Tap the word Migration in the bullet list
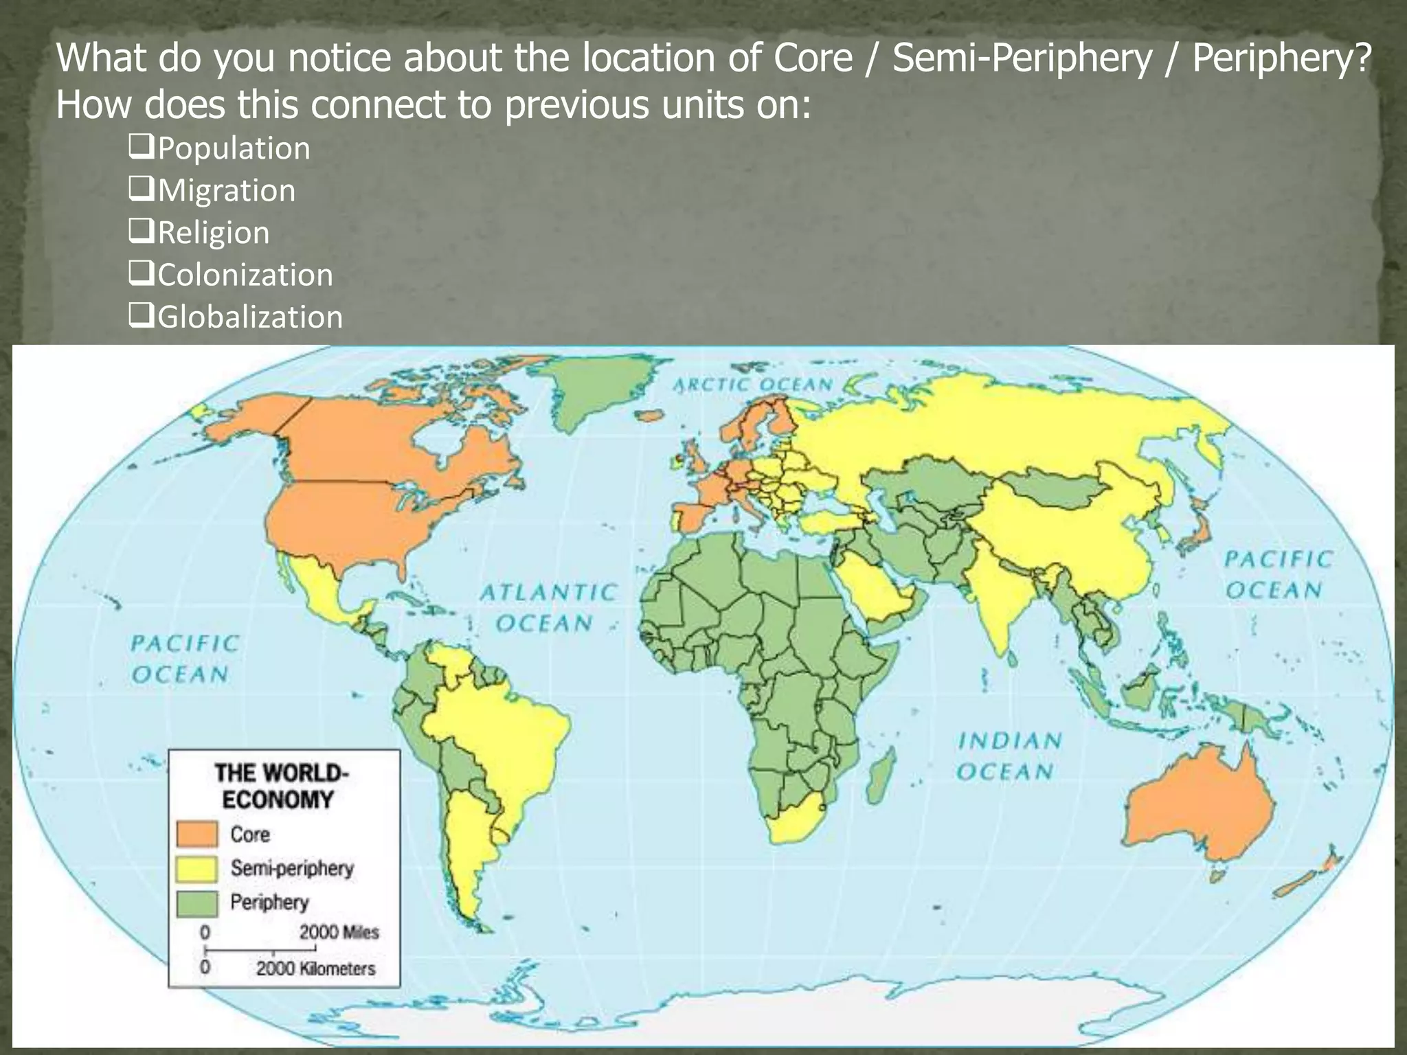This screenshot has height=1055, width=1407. (x=226, y=190)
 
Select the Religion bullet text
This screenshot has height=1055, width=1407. (x=213, y=233)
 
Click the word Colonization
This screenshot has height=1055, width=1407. (x=245, y=275)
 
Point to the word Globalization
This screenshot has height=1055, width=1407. (x=250, y=317)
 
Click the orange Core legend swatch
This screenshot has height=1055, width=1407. (x=197, y=834)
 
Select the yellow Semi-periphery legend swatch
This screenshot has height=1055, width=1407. (x=197, y=868)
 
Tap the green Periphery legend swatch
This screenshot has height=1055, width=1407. (x=197, y=903)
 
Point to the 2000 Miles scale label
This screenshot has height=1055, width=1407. (x=339, y=932)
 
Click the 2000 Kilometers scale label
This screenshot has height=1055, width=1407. (x=316, y=968)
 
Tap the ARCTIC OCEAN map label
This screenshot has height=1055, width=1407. (x=752, y=385)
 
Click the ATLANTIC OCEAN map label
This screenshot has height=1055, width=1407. (x=547, y=607)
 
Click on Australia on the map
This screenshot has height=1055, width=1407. (x=1199, y=807)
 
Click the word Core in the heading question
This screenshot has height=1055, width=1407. (x=813, y=58)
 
